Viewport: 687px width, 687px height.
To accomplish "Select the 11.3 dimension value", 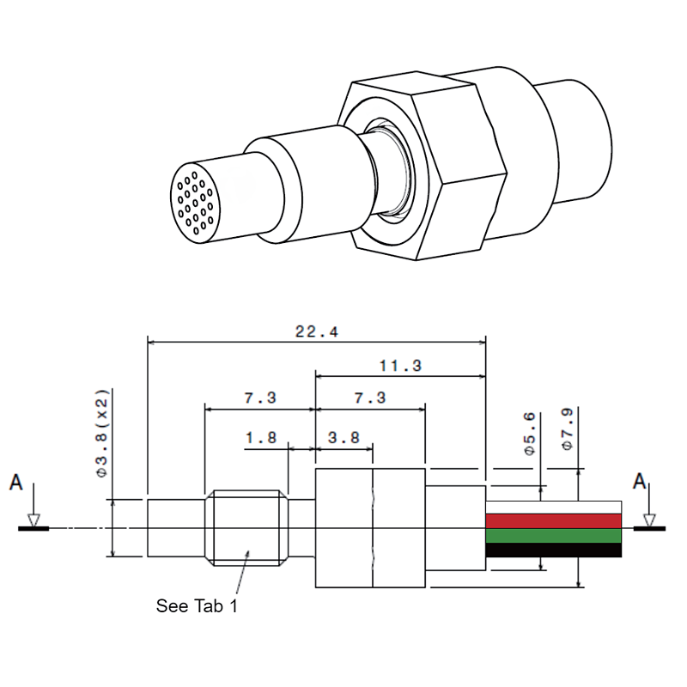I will pos(400,365).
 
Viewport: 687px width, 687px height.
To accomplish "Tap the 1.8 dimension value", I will pos(260,438).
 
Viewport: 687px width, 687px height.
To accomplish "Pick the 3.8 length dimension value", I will pos(343,438).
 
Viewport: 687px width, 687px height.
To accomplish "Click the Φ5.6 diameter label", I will pos(530,433).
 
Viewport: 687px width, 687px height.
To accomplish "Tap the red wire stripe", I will pos(553,520).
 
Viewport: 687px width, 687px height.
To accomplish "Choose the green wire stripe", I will pos(553,535).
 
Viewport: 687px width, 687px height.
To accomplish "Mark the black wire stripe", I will pos(553,550).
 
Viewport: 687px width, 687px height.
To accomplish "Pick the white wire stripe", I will pos(553,507).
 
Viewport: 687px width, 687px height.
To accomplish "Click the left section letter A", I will pos(15,483).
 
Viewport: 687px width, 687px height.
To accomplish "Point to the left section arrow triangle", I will pos(33,520).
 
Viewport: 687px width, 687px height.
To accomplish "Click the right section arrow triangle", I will pos(649,520).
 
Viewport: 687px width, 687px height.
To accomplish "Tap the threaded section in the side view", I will pos(246,528).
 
